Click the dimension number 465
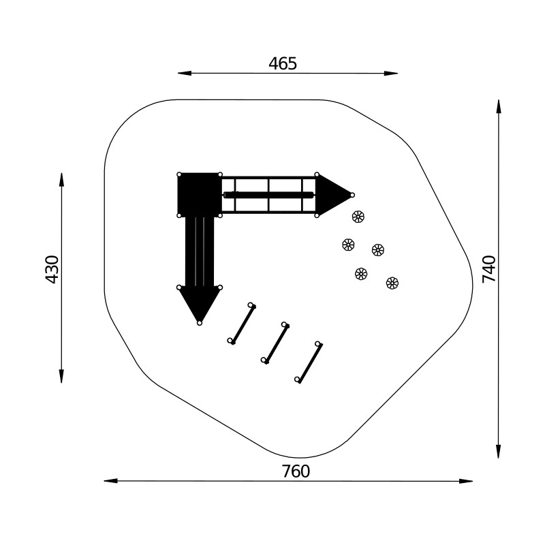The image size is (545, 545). [x=283, y=63]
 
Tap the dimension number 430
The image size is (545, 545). [x=52, y=269]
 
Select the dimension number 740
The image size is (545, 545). [x=488, y=269]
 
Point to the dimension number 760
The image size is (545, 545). [x=296, y=471]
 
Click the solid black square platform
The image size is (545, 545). [x=200, y=195]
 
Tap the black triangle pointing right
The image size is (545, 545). [x=334, y=195]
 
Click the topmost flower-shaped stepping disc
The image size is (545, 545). [x=358, y=217]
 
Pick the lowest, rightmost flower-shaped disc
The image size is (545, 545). [x=392, y=283]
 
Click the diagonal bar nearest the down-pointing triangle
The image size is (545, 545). [x=242, y=324]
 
